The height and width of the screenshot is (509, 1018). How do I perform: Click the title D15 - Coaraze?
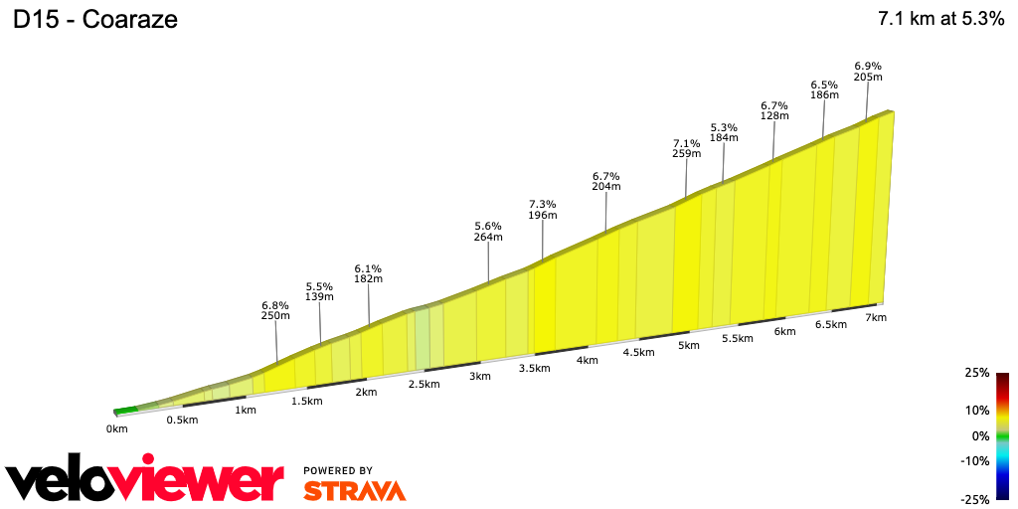click(x=95, y=20)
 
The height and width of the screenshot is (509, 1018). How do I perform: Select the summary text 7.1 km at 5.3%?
click(x=940, y=19)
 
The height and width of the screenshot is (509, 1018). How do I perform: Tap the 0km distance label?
click(x=117, y=428)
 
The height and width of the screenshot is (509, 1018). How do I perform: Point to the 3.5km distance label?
click(x=534, y=368)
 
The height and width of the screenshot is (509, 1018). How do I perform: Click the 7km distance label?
click(x=875, y=317)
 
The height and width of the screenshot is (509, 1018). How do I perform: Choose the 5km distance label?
click(x=689, y=345)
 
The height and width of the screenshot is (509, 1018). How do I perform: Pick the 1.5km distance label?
click(x=306, y=401)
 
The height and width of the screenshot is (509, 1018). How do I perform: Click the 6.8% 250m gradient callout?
click(x=275, y=310)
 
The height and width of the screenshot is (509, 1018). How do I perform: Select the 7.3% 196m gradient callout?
click(x=542, y=209)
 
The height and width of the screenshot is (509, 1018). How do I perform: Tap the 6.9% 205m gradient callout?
click(x=868, y=71)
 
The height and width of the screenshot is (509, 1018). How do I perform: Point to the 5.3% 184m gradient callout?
click(x=724, y=132)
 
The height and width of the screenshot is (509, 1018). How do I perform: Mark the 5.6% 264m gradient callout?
click(x=488, y=231)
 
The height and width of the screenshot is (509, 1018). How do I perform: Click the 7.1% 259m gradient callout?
click(x=686, y=148)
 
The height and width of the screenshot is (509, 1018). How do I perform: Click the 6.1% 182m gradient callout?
click(x=368, y=273)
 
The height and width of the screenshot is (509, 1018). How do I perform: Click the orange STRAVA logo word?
click(x=354, y=490)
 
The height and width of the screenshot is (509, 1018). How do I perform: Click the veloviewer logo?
click(x=145, y=481)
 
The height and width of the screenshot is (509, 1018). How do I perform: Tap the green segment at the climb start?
click(x=125, y=410)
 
